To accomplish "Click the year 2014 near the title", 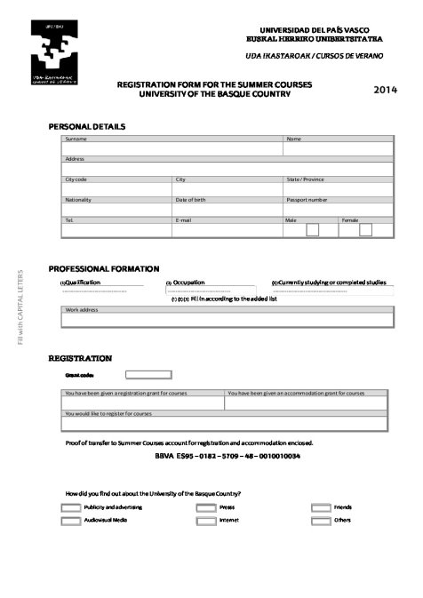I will (x=385, y=90).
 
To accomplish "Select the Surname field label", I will (x=76, y=139).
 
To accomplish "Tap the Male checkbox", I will (x=312, y=230).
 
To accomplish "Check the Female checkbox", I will (x=366, y=230).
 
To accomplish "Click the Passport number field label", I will (x=307, y=200).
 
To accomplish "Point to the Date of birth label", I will (x=190, y=200).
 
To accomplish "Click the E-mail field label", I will (x=184, y=219).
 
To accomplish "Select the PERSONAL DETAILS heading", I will (x=87, y=126).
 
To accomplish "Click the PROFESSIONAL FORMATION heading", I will (x=104, y=268).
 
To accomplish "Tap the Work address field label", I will (x=82, y=310).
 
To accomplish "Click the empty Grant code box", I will (x=148, y=375).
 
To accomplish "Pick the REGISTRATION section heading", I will (x=80, y=358).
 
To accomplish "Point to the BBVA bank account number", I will (x=227, y=456).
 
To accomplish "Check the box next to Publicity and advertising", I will (x=71, y=507).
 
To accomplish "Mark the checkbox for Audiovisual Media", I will (x=71, y=521).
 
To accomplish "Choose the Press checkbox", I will (x=206, y=507).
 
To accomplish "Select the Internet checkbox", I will (x=206, y=521).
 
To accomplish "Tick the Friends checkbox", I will (x=321, y=507).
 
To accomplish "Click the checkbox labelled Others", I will (x=321, y=521).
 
